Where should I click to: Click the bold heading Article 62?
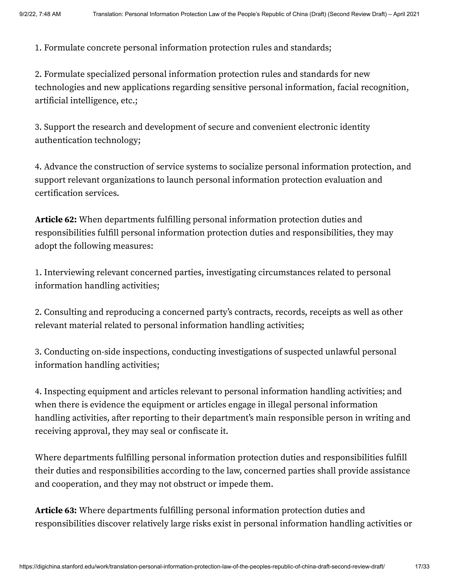(56, 220)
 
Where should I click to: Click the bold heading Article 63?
(56, 510)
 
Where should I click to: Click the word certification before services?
(59, 193)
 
